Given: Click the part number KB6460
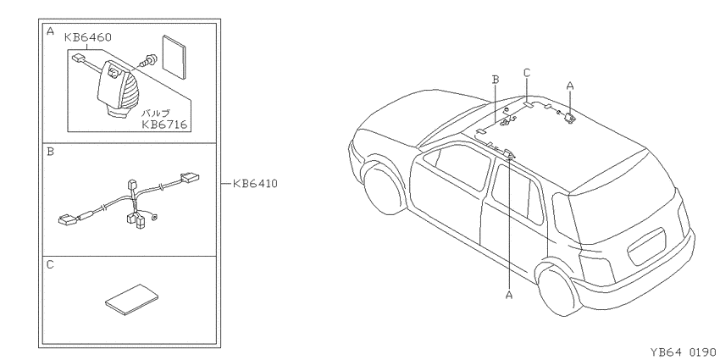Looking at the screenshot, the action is coord(88,37).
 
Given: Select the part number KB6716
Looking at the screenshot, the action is coord(165,124).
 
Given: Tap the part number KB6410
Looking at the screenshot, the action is coord(255,184).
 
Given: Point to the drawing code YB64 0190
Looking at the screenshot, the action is coord(683,352).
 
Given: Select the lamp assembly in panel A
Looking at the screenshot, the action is coord(119,88).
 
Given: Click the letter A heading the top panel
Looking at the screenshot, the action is coord(51,31).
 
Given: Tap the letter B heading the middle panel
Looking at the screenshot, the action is coord(51,152).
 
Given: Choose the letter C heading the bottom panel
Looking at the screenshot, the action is coord(51,265).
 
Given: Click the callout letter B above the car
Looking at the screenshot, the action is coord(495,80).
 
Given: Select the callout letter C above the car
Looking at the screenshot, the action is coord(527,73).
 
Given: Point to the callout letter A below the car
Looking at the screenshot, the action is coord(509,295).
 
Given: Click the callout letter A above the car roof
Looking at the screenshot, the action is coord(570,86).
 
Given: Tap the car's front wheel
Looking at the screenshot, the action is coord(382,187).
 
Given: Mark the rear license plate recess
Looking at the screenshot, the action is coord(646,247).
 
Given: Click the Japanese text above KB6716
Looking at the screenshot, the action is coord(155,113).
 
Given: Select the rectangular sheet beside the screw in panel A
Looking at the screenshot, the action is coord(174,57).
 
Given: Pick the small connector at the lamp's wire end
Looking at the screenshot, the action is coord(78,58).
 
